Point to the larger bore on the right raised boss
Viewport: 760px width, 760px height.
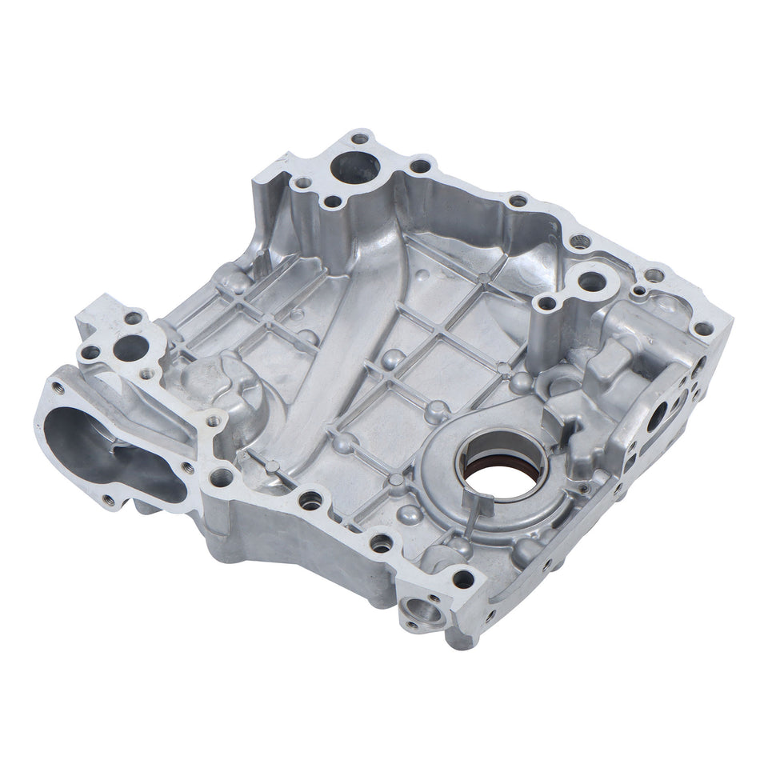[591, 282]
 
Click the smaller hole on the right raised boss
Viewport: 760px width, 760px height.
[548, 303]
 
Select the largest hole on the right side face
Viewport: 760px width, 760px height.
[659, 414]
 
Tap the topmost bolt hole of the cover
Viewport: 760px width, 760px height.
[361, 136]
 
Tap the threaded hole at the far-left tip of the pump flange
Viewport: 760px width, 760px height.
[58, 389]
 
